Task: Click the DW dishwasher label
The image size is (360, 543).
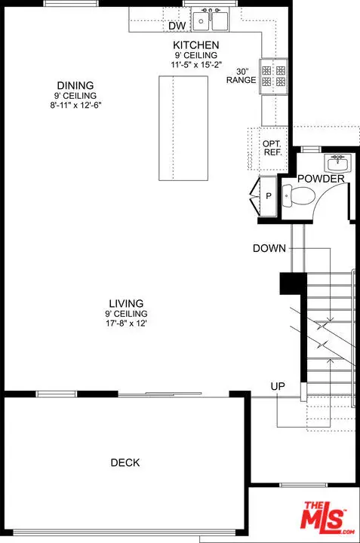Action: pyautogui.click(x=177, y=26)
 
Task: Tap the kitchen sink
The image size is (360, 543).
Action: pyautogui.click(x=211, y=20)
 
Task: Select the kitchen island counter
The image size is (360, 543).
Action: pyautogui.click(x=183, y=128)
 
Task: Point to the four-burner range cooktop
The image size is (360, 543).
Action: pyautogui.click(x=273, y=76)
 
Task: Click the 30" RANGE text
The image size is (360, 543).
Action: pyautogui.click(x=242, y=76)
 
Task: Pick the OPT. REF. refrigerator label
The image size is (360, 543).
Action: pyautogui.click(x=271, y=148)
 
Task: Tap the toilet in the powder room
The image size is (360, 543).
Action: pyautogui.click(x=298, y=196)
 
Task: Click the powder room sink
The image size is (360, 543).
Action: pyautogui.click(x=337, y=163)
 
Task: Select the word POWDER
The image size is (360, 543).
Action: pyautogui.click(x=321, y=179)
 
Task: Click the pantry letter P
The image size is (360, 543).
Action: pyautogui.click(x=268, y=196)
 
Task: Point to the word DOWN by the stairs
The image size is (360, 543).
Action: pyautogui.click(x=269, y=248)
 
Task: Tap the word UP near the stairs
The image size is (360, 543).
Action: pyautogui.click(x=278, y=386)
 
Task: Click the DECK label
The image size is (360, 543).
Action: pyautogui.click(x=125, y=462)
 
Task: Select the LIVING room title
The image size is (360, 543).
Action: pyautogui.click(x=126, y=303)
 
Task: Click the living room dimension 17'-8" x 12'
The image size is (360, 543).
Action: pyautogui.click(x=126, y=324)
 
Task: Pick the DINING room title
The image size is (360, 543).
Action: pyautogui.click(x=75, y=85)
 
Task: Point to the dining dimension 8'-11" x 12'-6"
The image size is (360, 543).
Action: pyautogui.click(x=75, y=105)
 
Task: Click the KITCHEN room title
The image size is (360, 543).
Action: pyautogui.click(x=195, y=45)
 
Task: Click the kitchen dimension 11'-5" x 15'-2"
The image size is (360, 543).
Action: pyautogui.click(x=195, y=64)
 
